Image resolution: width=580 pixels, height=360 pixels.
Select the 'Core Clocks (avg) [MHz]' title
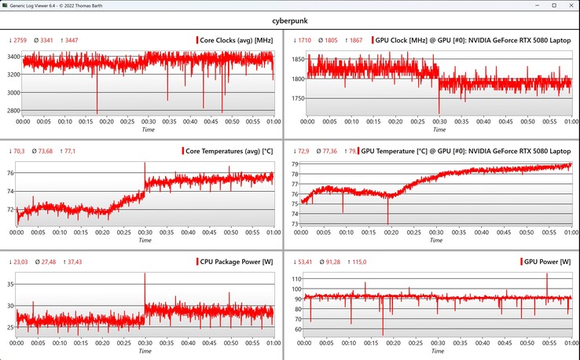[236, 40]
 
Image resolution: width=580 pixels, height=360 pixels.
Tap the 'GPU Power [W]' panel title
[548, 262]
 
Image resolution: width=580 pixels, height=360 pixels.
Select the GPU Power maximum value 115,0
[363, 262]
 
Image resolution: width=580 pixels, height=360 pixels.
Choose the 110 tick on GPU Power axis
[296, 279]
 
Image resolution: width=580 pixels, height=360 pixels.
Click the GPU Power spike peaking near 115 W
[547, 274]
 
